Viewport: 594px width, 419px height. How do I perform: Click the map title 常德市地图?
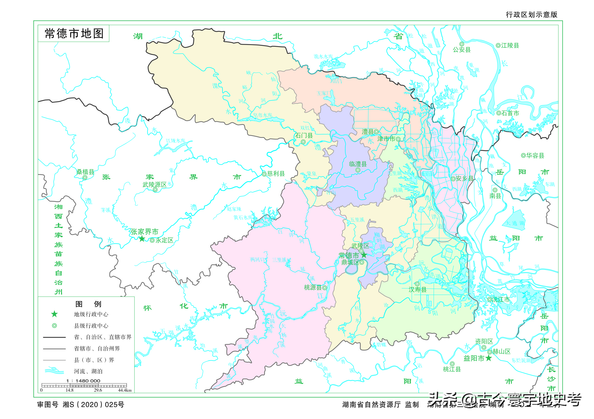coord(74,34)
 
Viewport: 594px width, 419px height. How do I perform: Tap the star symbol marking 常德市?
coord(364,255)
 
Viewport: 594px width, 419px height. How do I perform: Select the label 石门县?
coord(304,135)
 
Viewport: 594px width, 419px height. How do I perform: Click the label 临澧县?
coord(358,164)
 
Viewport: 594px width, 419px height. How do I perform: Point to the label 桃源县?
coord(313,287)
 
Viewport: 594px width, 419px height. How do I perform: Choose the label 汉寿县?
coord(417,290)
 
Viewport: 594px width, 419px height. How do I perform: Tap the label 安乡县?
coord(464,178)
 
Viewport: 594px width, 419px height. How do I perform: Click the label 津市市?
coord(386,139)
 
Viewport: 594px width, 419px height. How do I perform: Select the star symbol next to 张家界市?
coord(142,239)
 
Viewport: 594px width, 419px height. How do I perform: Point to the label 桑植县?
coord(85,172)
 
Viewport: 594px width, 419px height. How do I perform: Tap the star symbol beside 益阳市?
coord(488,358)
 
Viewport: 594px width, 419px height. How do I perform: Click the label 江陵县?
coord(510,46)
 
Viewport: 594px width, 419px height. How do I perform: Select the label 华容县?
coord(535,155)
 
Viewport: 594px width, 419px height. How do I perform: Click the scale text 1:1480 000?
coord(83,381)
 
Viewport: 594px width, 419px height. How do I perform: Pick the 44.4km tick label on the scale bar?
coord(125,390)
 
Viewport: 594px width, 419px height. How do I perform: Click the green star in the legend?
coord(54,314)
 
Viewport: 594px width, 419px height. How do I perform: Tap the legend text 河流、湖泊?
coord(88,371)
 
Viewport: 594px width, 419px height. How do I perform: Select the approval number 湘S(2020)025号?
coord(93,405)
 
